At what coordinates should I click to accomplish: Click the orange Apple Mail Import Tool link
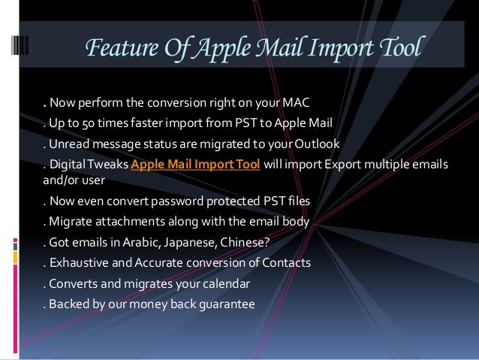(196, 166)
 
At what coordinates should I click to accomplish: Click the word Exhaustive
(77, 264)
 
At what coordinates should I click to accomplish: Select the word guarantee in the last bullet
(224, 305)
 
